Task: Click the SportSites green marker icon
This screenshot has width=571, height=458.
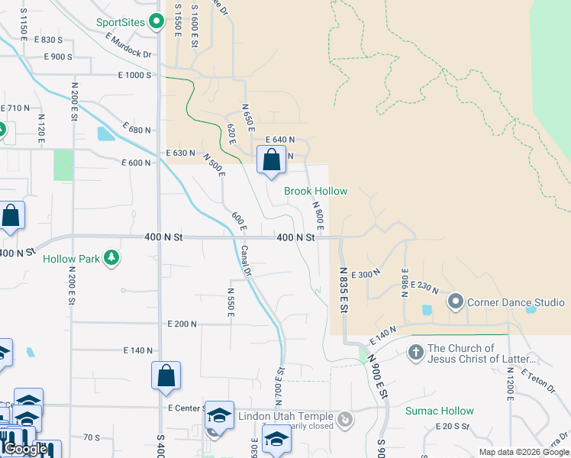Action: tap(156, 21)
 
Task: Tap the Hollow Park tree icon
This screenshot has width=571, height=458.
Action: tap(112, 258)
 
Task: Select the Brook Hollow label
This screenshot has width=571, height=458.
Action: tap(315, 191)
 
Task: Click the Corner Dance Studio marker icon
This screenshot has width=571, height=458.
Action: tap(456, 302)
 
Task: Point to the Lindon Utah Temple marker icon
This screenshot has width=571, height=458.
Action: tap(346, 418)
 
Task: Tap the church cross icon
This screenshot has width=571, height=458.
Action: tap(415, 353)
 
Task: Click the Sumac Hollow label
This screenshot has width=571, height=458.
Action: tap(439, 411)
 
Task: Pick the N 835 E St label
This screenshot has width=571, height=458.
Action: tap(343, 289)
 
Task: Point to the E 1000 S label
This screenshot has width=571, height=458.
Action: tap(136, 75)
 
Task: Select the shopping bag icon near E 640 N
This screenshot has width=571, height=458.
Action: tap(271, 161)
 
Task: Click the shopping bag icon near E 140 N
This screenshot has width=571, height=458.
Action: tap(166, 376)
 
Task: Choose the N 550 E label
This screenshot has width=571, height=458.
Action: tap(230, 302)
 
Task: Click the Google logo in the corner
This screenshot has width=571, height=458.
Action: tap(25, 449)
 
